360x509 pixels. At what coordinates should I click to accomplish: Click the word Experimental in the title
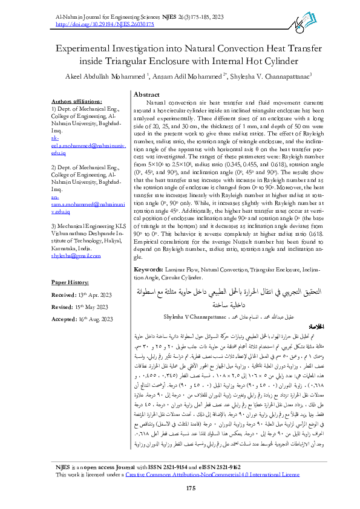(x=83, y=48)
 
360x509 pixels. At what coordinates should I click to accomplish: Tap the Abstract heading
(x=146, y=96)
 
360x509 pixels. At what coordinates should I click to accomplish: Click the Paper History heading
(x=71, y=282)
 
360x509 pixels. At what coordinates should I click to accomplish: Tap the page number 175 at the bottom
(x=191, y=487)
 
